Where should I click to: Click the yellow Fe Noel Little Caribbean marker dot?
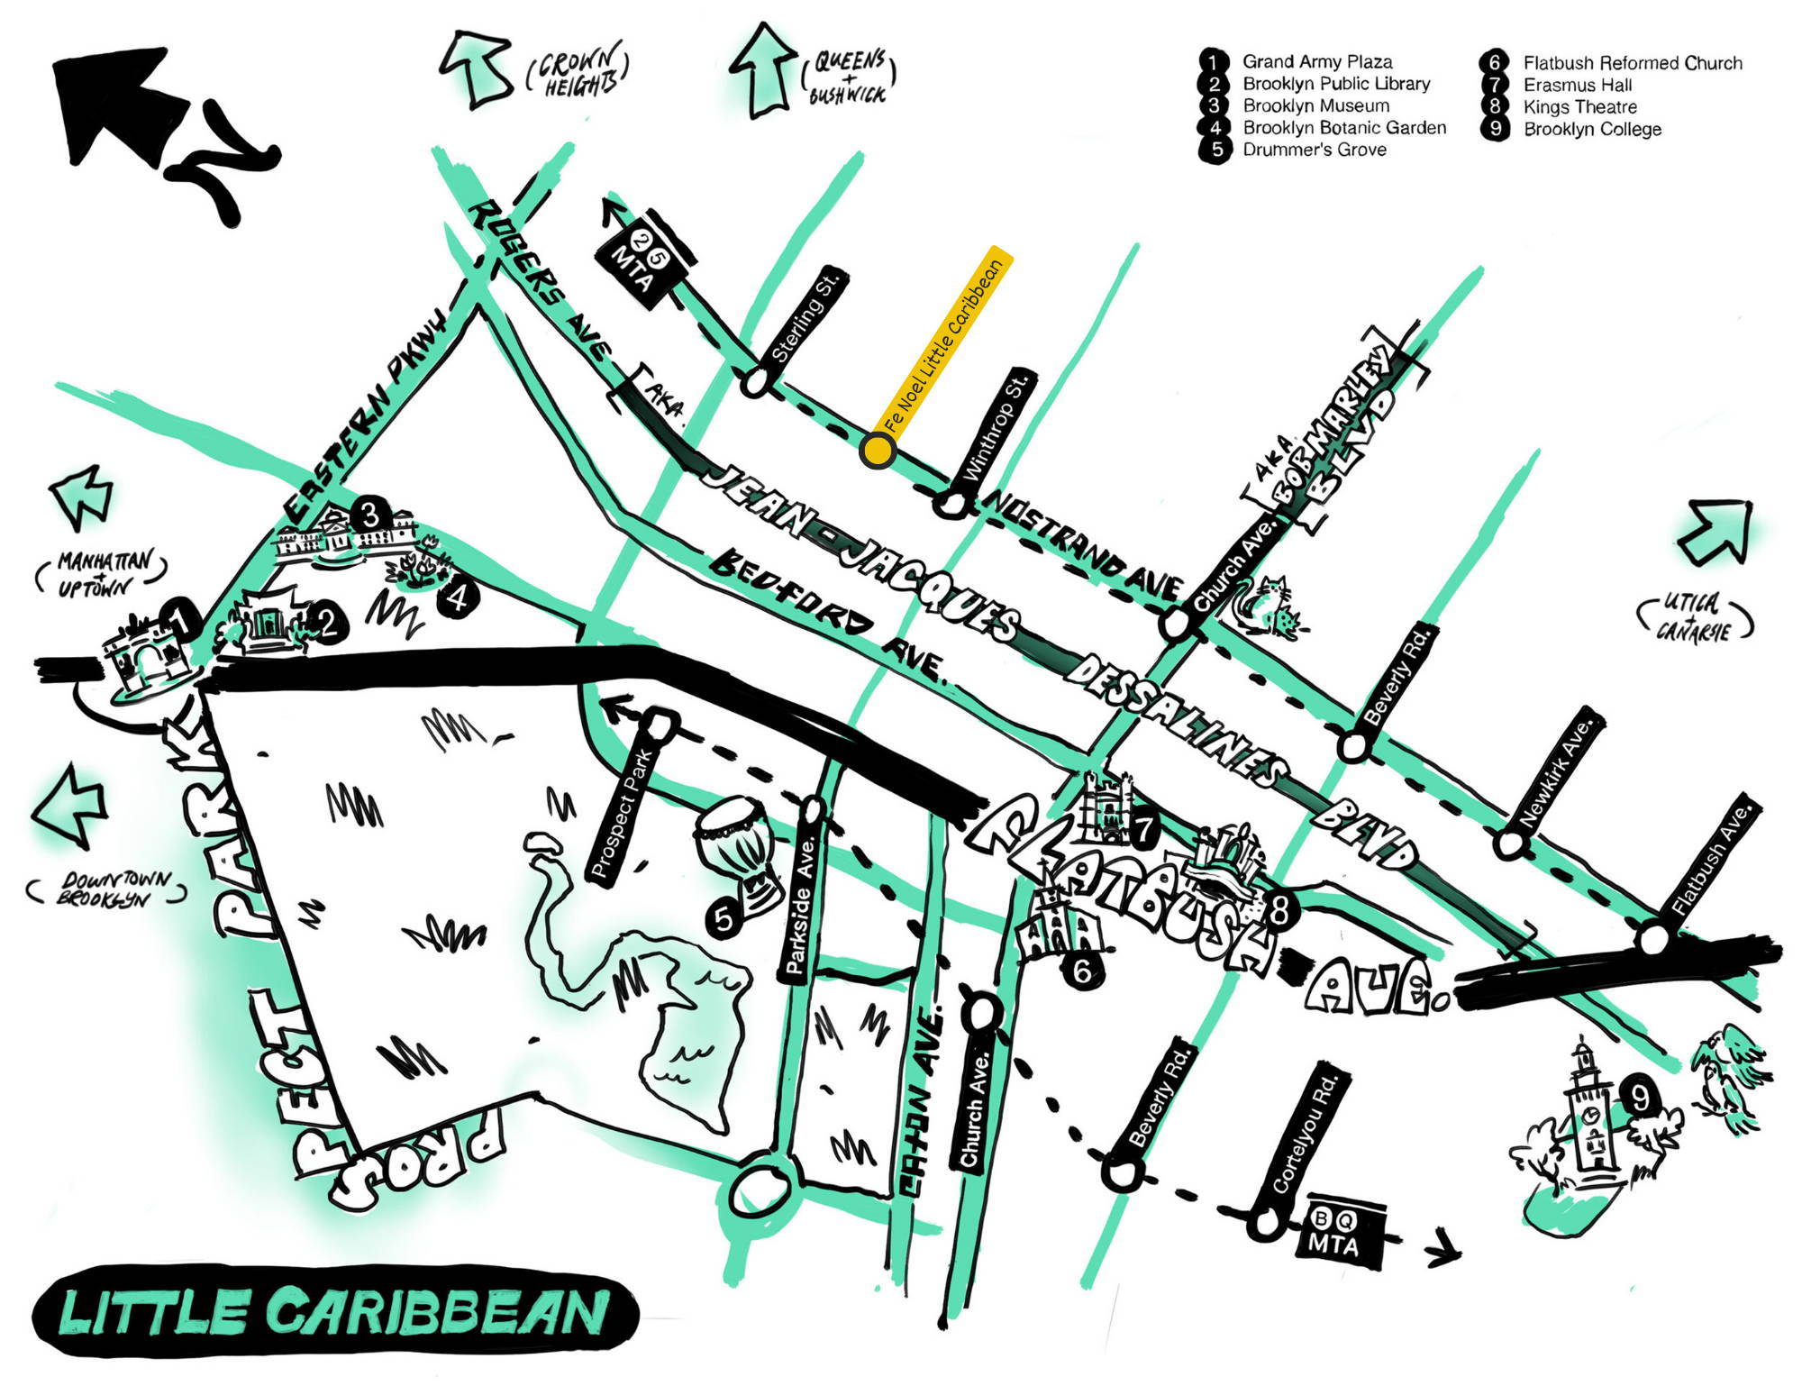click(x=877, y=449)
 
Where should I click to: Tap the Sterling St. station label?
click(x=807, y=316)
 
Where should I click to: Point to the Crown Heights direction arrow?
click(x=478, y=67)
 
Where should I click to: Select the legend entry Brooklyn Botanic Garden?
click(x=1343, y=128)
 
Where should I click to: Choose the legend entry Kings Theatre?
click(x=1579, y=107)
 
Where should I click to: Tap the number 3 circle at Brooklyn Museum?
click(x=369, y=515)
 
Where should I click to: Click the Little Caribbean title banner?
click(x=333, y=1312)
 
